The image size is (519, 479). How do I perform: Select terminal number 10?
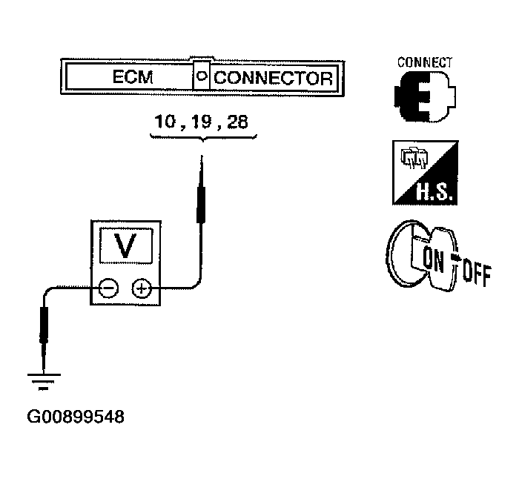(x=166, y=121)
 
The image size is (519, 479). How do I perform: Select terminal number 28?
(x=238, y=121)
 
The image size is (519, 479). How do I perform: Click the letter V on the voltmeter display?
(x=125, y=245)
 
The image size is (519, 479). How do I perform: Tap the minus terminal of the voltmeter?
(x=108, y=288)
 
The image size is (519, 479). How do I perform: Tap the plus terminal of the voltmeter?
(x=140, y=288)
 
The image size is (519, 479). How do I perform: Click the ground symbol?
(x=42, y=382)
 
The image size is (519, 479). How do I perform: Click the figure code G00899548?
(x=75, y=417)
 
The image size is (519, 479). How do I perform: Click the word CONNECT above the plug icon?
(x=425, y=62)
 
